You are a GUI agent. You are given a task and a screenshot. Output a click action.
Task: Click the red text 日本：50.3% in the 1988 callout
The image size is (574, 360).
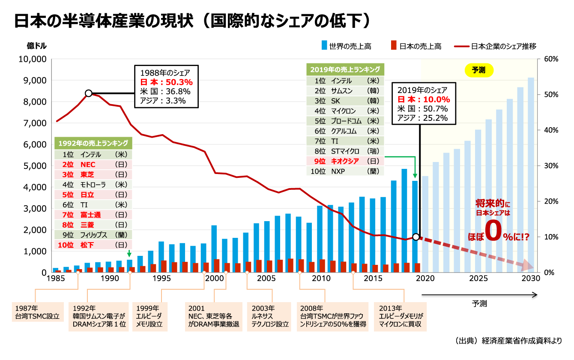click(166, 82)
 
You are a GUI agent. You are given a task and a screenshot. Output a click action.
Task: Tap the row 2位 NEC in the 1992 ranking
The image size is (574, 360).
click(93, 165)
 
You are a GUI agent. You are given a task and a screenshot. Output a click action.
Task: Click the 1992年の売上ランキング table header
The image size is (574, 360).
click(93, 143)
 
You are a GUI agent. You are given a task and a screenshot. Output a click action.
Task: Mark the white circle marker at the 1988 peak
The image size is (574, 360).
click(89, 93)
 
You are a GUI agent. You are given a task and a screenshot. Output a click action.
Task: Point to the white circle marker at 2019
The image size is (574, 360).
click(416, 237)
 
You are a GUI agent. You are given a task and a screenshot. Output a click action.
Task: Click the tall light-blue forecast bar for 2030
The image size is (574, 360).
click(531, 171)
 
